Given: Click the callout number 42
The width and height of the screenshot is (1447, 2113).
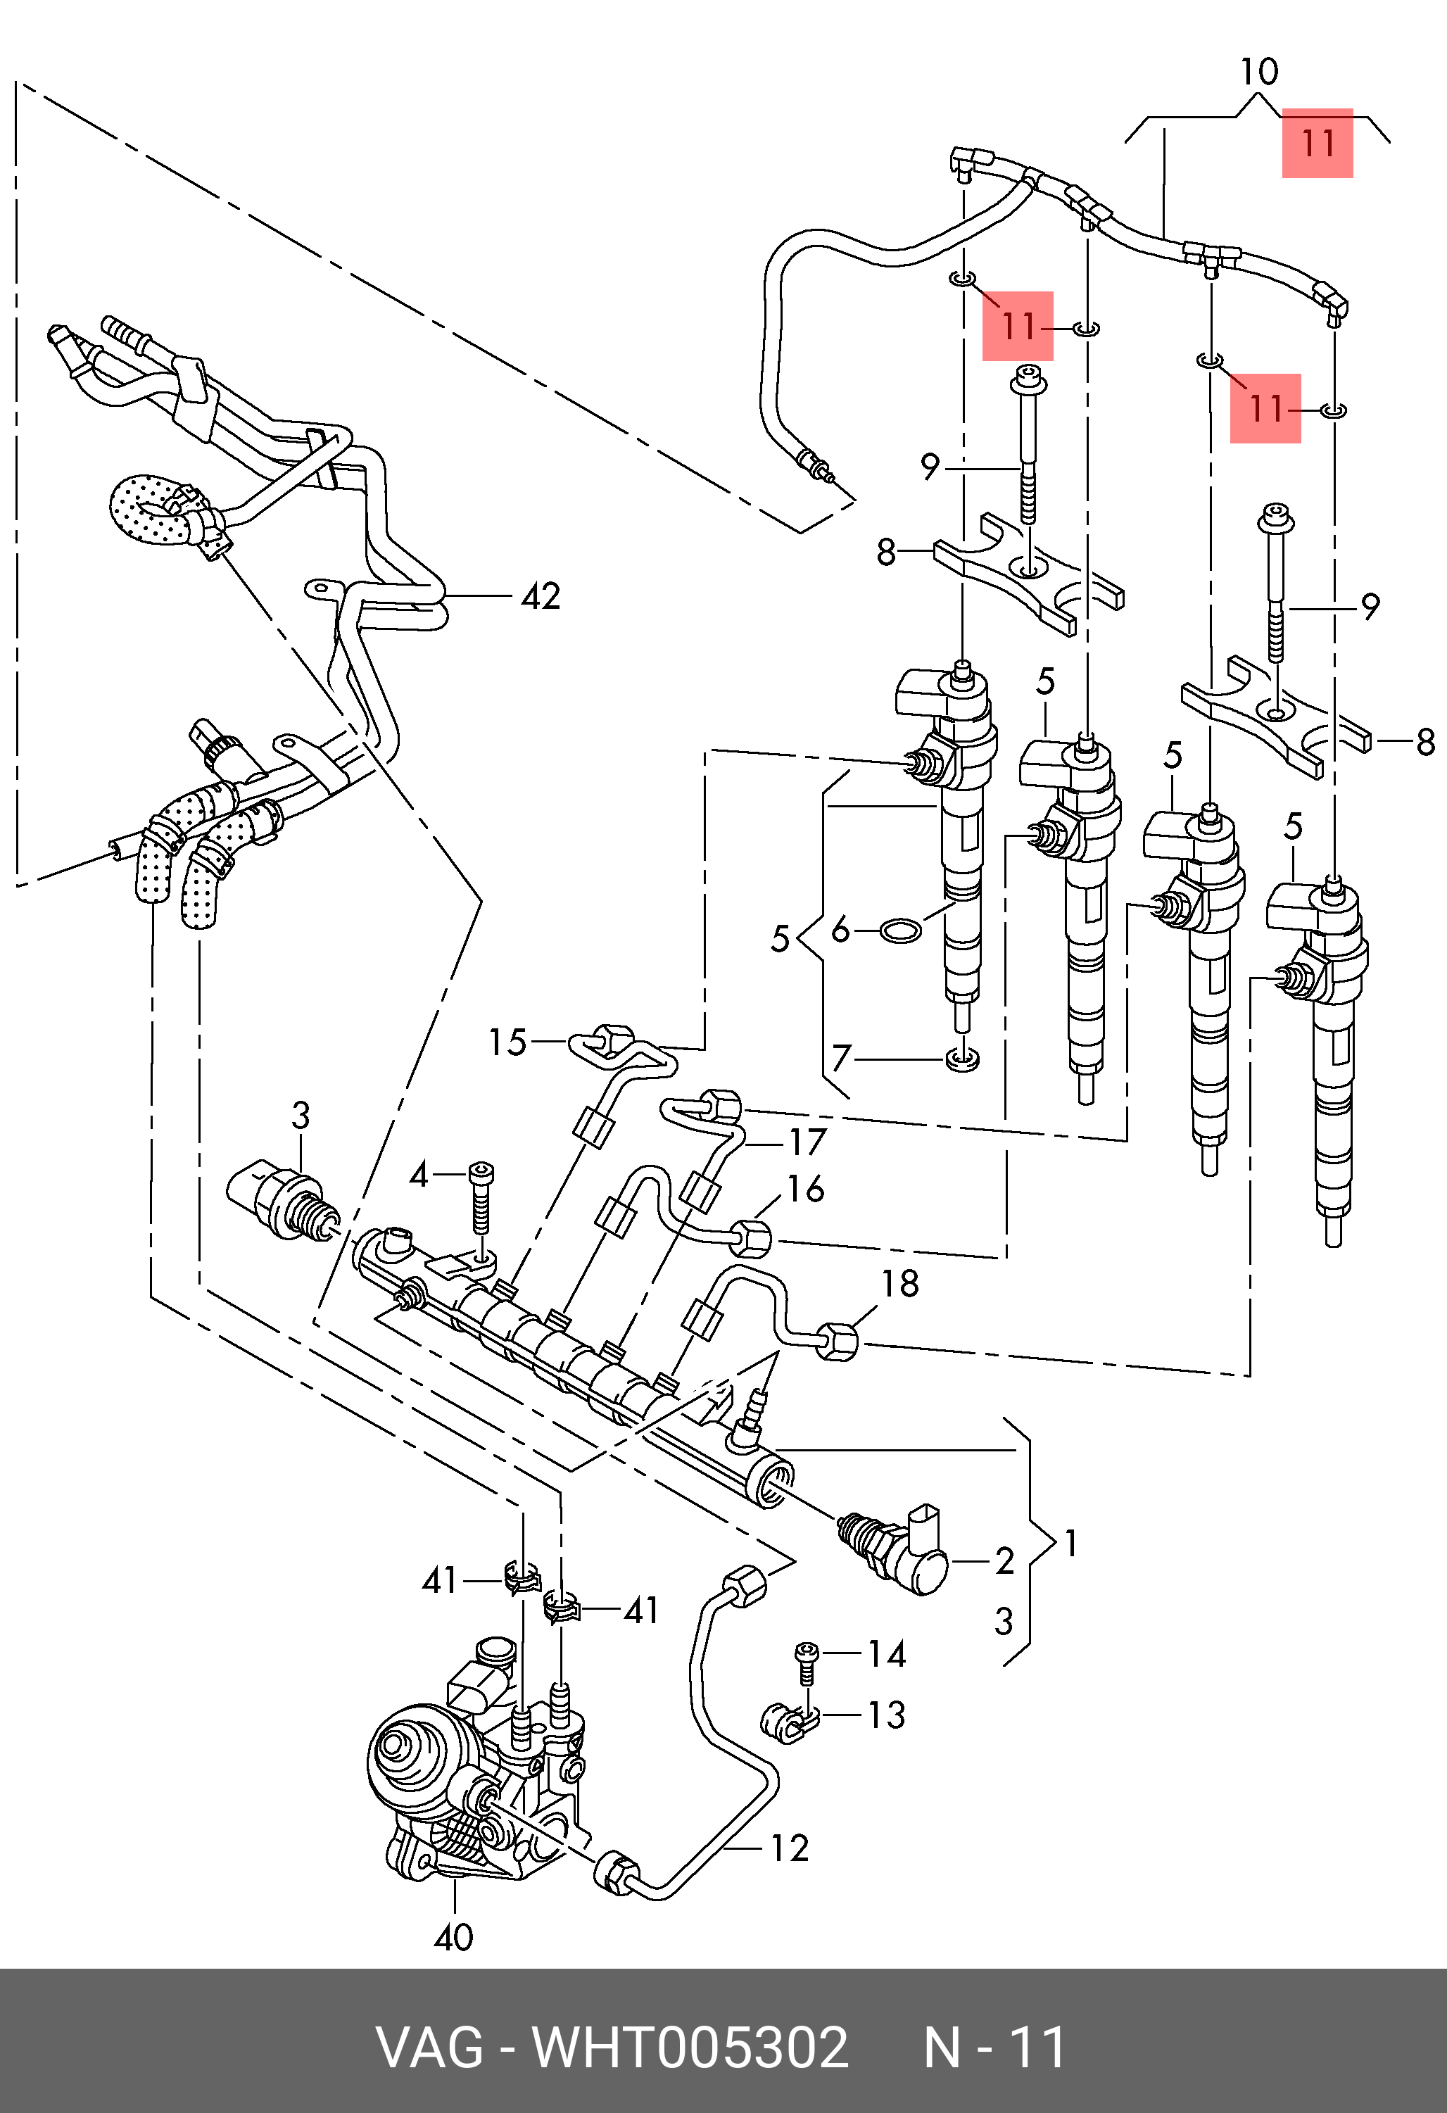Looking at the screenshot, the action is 541,596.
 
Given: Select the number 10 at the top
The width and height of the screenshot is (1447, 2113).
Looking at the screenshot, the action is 1259,71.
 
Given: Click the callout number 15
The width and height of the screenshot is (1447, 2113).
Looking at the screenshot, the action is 507,1042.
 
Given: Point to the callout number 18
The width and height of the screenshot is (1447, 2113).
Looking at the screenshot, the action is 900,1284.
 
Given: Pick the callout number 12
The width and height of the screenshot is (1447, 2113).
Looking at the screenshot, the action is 789,1848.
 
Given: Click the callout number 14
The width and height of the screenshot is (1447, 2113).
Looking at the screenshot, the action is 886,1654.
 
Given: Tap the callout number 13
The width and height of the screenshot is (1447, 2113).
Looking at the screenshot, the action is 886,1715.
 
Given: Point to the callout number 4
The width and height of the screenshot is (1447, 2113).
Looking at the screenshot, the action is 418,1175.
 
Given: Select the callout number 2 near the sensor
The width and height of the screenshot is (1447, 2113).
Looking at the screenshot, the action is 1004,1560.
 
